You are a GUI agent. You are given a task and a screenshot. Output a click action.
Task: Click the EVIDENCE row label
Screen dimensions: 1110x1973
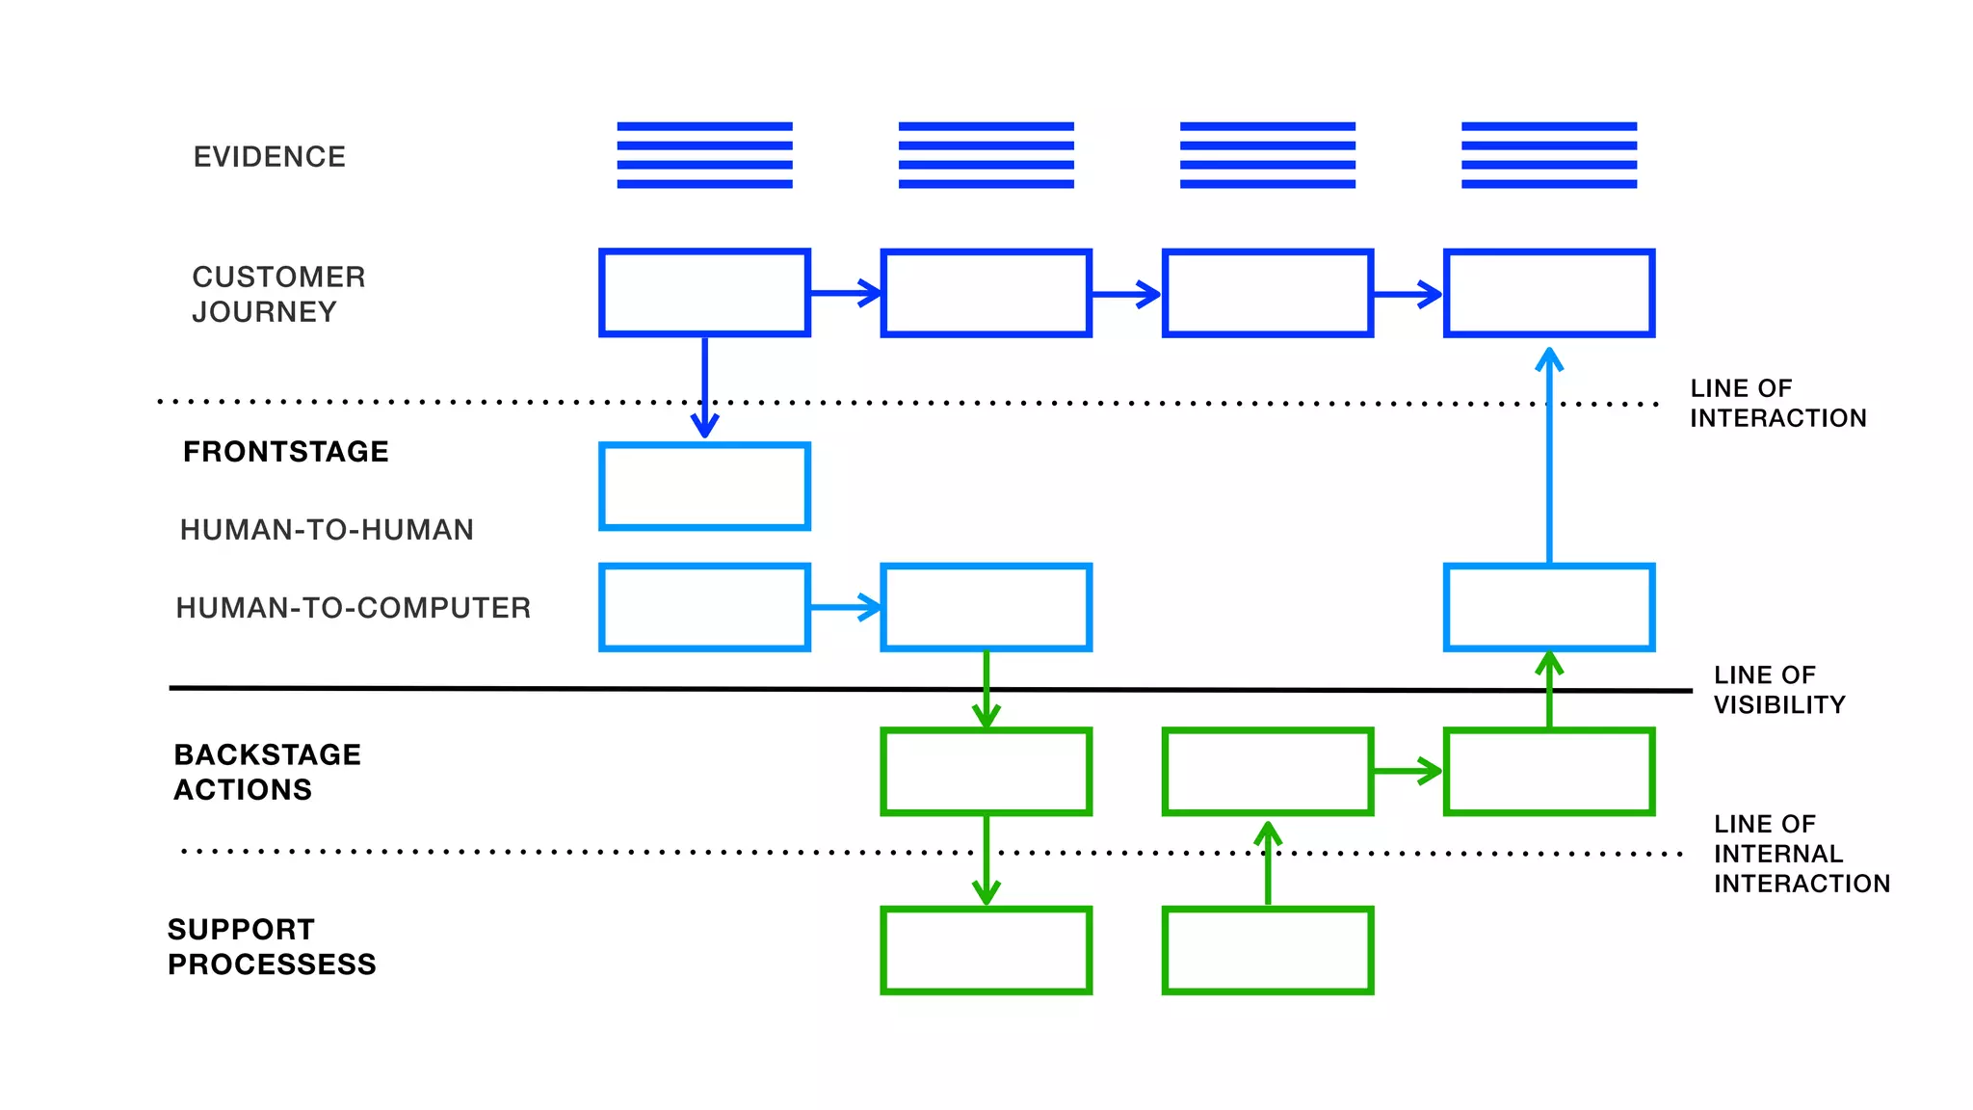(269, 157)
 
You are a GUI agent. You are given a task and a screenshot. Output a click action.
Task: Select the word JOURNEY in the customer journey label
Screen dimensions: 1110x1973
(264, 312)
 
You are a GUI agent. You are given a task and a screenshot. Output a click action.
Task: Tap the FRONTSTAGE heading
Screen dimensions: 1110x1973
(286, 452)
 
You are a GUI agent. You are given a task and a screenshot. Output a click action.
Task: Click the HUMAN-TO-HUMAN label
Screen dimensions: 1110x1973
(327, 530)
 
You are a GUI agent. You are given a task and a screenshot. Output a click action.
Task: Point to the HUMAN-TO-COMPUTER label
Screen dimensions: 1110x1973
(354, 608)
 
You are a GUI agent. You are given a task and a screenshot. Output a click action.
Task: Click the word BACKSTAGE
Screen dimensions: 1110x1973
(268, 754)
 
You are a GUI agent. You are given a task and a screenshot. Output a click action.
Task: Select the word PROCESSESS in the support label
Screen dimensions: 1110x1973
(272, 965)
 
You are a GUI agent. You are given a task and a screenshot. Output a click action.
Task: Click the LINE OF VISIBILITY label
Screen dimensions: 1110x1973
(1779, 690)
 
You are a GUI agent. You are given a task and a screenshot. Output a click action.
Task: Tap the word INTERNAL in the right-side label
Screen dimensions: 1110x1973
(1778, 854)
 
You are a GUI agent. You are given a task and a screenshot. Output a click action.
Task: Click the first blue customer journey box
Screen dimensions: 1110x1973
(704, 293)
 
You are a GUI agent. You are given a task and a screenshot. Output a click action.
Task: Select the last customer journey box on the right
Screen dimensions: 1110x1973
(1549, 293)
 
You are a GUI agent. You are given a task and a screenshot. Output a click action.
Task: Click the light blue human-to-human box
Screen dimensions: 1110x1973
(704, 487)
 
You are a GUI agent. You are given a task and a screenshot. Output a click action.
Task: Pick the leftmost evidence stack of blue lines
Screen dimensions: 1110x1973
(704, 155)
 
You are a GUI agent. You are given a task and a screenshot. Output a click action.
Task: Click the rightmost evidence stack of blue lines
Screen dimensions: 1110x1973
(1549, 155)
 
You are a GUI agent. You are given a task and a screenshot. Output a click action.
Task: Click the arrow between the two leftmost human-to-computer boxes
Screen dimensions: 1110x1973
(845, 607)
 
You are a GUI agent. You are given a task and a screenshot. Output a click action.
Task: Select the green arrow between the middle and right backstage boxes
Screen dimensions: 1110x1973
(1407, 771)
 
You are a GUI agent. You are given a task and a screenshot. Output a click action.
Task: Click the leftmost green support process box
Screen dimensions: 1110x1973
(986, 950)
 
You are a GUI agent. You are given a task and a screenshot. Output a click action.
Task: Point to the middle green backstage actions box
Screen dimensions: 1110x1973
(1268, 772)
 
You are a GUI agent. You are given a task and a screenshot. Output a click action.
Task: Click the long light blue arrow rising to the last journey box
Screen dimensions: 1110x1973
(1549, 462)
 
